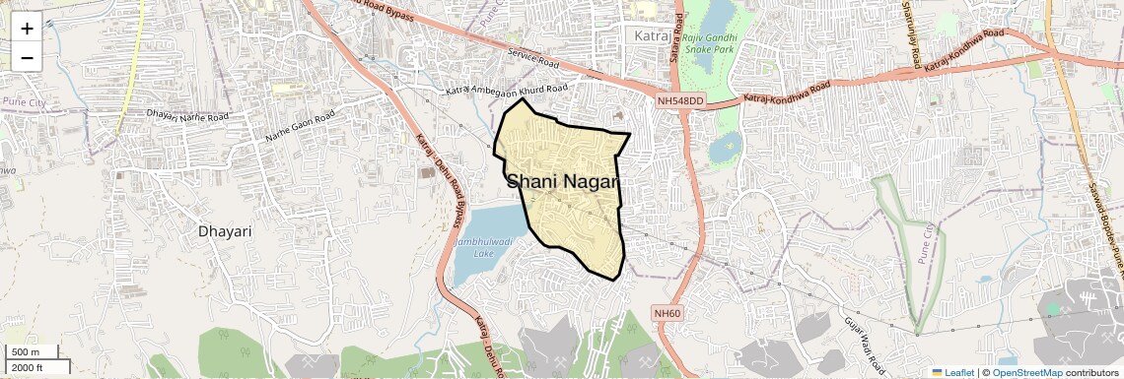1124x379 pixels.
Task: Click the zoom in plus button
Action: click(27, 29)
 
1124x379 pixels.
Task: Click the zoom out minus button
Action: click(27, 57)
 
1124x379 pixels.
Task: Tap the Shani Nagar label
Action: click(563, 182)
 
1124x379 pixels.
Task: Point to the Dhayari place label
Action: click(225, 232)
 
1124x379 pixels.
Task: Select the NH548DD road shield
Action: click(681, 100)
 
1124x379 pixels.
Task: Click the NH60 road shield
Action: click(667, 313)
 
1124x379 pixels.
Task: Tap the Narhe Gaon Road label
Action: click(299, 127)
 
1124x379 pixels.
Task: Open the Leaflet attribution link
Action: click(953, 372)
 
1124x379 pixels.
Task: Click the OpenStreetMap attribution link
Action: click(1027, 372)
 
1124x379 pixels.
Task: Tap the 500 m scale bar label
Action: click(26, 352)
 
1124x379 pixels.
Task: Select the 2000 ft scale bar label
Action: click(28, 367)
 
